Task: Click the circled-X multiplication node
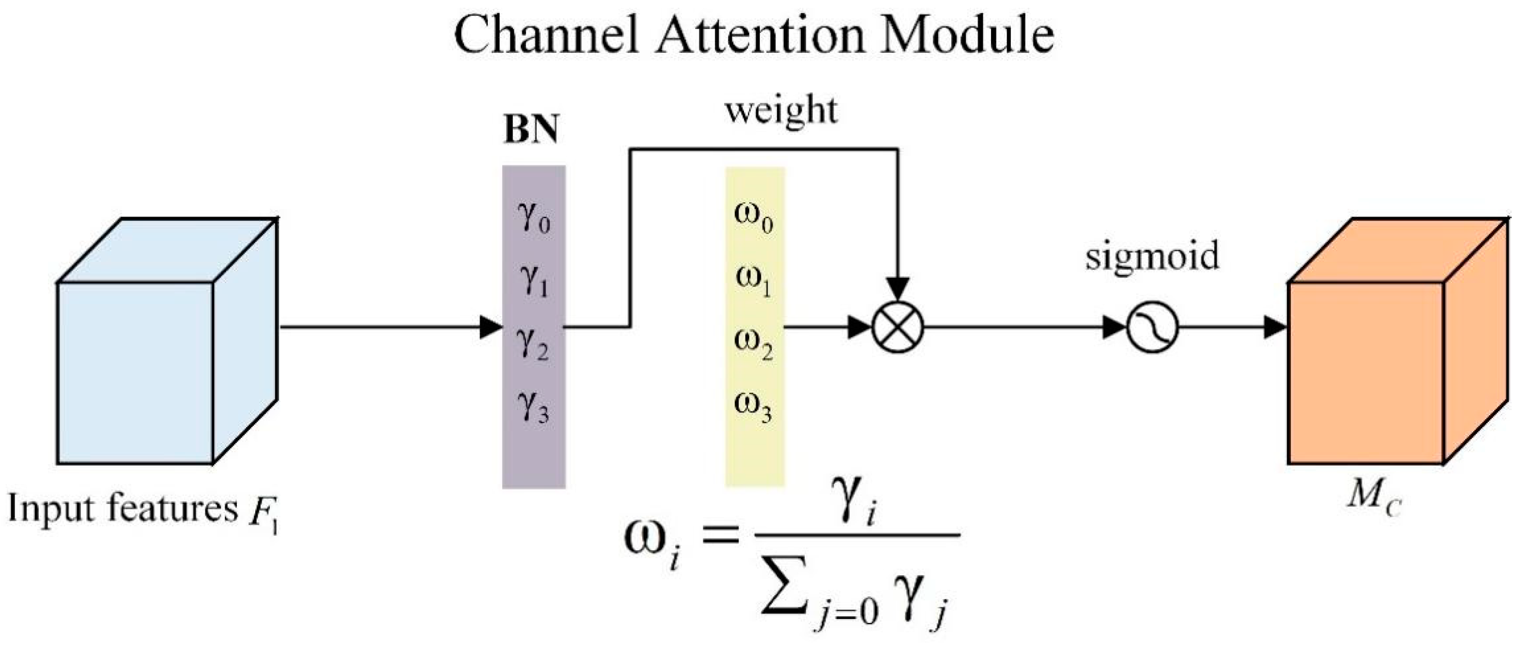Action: coord(898,327)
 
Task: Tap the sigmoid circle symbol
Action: coord(1152,327)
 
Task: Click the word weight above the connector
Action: coord(781,111)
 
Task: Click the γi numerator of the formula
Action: coord(858,508)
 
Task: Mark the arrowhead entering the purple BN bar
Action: coord(491,327)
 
